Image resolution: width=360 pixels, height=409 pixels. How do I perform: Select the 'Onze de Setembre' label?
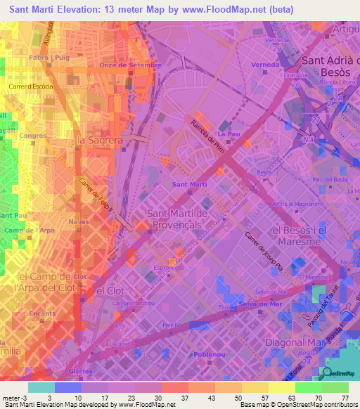(130, 65)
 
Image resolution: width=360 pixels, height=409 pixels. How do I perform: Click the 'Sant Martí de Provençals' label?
(184, 218)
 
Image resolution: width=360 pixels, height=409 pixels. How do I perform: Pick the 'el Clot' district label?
(110, 290)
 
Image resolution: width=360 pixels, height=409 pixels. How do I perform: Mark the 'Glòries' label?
(80, 370)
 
